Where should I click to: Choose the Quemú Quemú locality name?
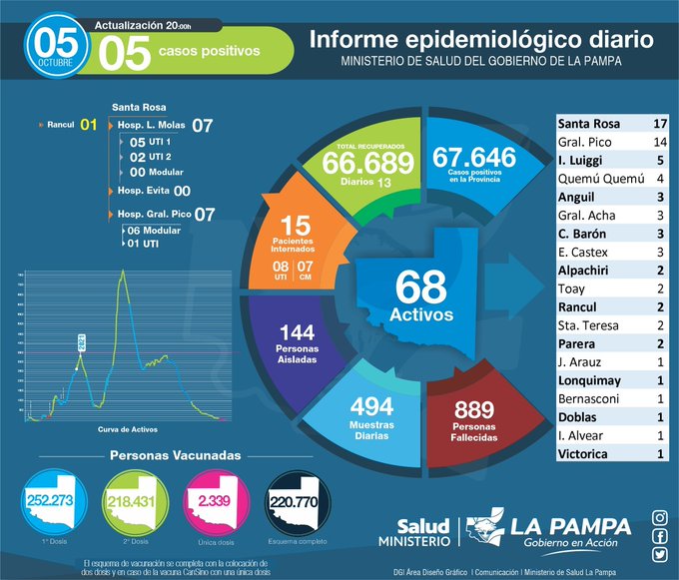596,179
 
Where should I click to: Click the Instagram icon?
659,517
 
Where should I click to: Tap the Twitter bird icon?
659,555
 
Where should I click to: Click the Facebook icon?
659,536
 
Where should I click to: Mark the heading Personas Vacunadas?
174,454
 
